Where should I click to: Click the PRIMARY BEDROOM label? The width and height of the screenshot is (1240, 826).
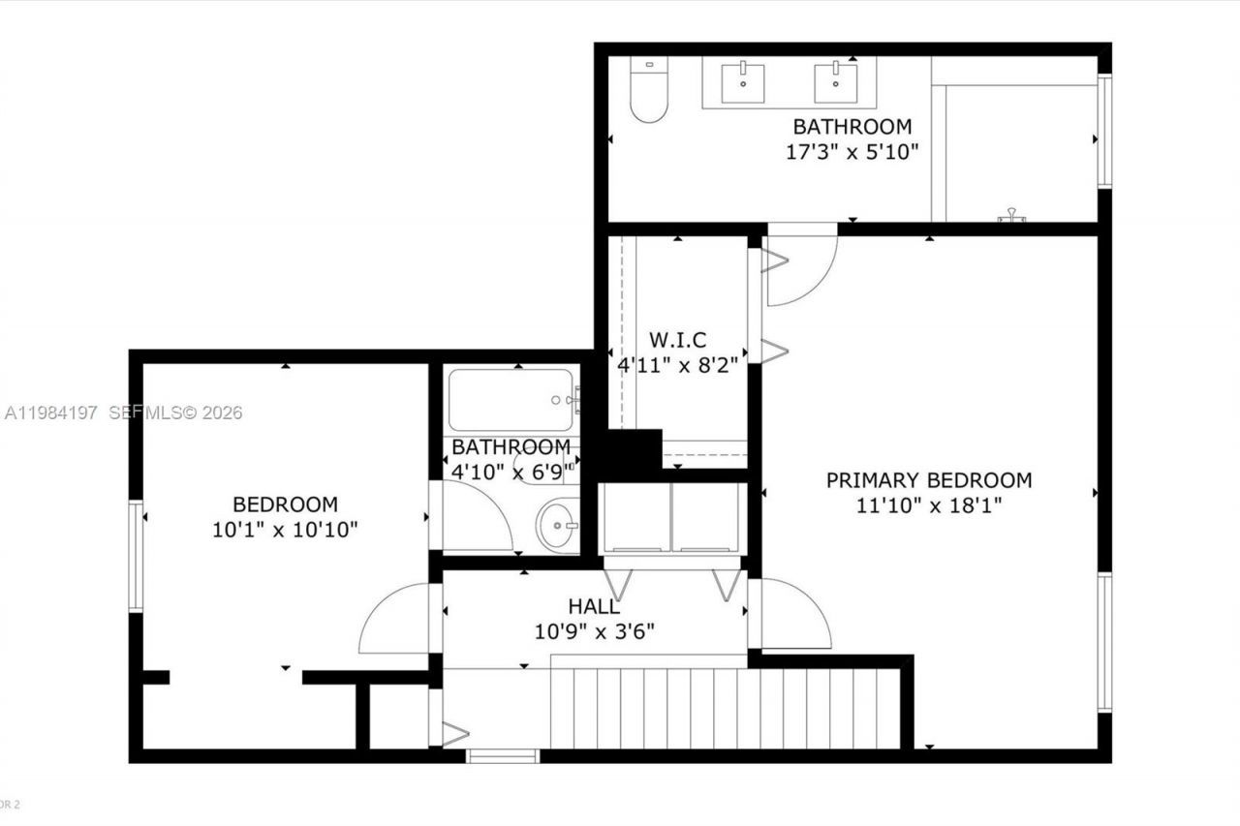(x=928, y=480)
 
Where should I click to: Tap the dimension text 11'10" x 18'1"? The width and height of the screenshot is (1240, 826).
(x=928, y=505)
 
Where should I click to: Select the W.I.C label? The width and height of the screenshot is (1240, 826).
(x=677, y=340)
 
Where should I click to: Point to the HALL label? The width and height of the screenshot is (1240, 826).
(x=594, y=607)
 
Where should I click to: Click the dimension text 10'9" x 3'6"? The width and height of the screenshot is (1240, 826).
(x=594, y=631)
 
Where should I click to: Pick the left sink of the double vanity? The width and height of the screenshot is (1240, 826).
(x=743, y=82)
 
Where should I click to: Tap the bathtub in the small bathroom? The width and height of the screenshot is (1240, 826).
(x=514, y=399)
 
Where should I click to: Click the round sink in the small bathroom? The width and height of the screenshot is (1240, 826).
(x=558, y=525)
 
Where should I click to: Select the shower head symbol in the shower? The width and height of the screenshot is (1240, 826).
(x=1012, y=216)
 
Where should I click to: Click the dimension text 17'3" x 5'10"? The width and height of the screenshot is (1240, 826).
(x=852, y=152)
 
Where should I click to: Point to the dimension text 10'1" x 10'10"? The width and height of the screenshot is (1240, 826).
(x=285, y=530)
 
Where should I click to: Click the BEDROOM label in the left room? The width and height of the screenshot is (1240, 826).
(x=285, y=505)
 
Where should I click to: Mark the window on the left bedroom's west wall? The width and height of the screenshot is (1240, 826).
(x=136, y=556)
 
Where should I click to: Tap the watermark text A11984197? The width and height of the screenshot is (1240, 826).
(x=51, y=413)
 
